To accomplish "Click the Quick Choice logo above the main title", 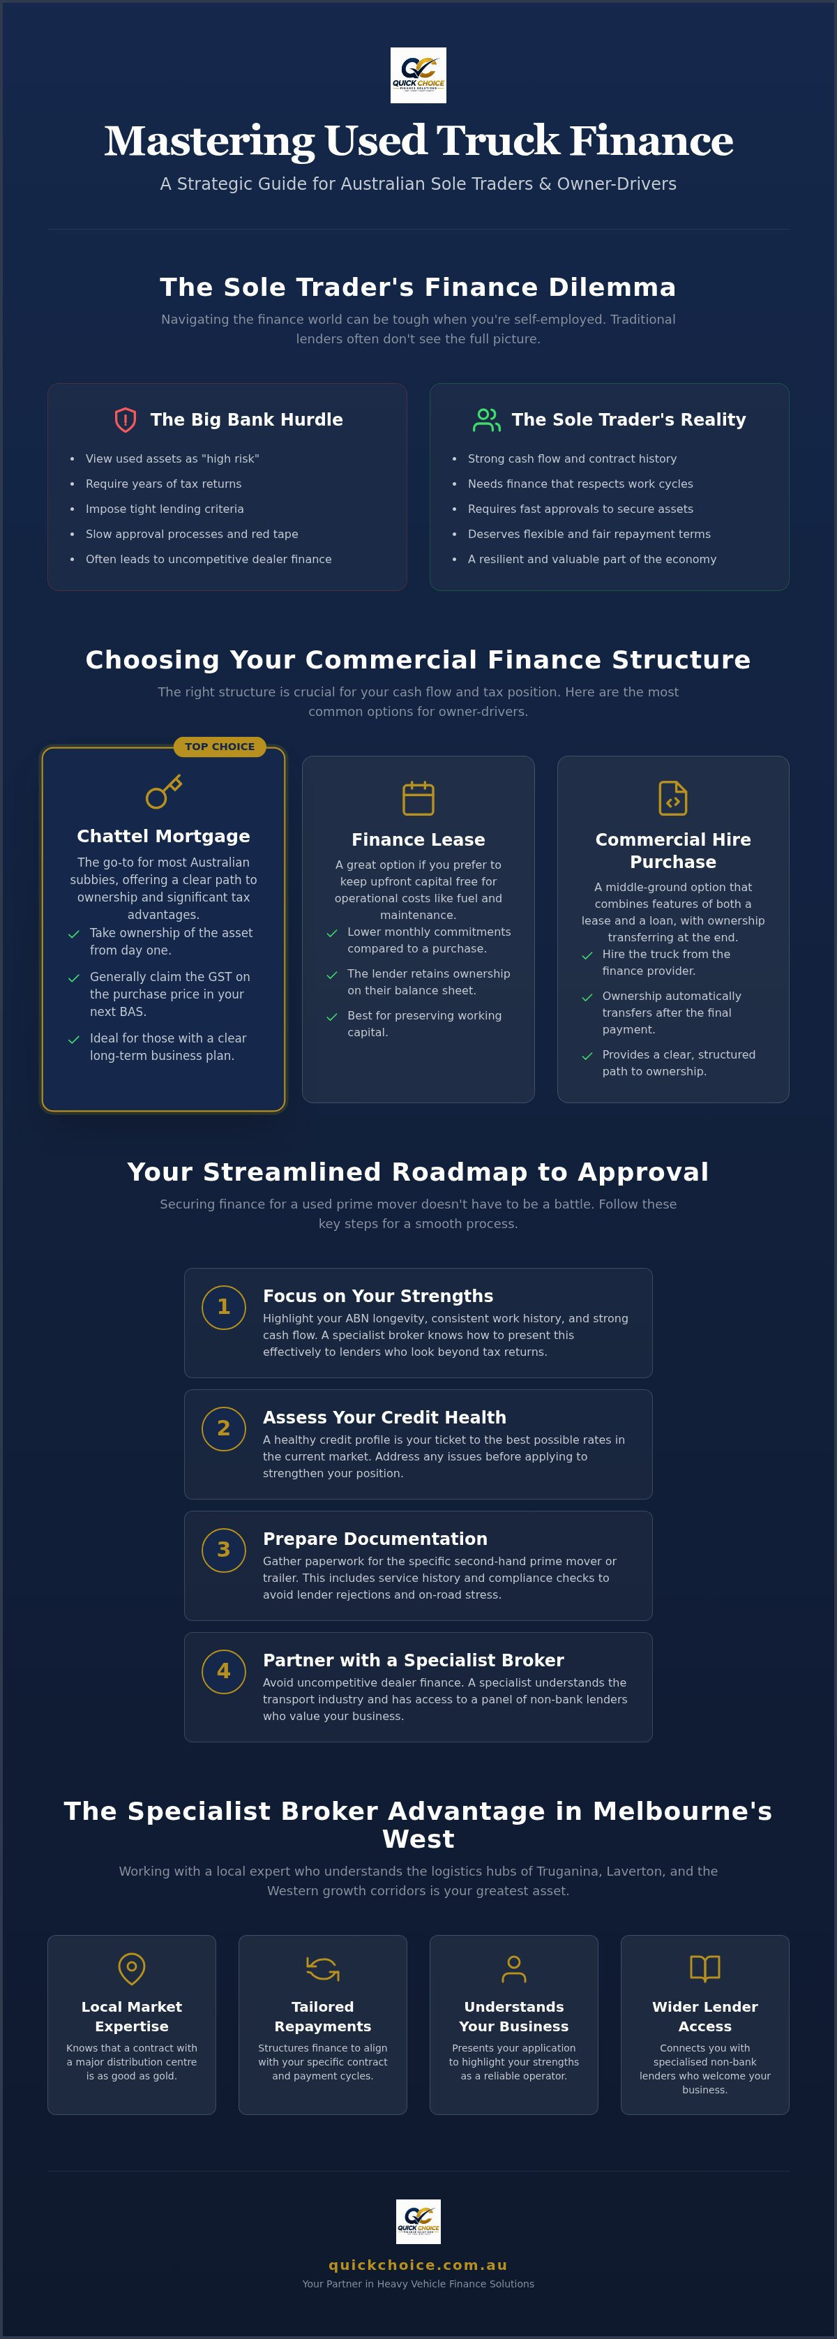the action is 418,75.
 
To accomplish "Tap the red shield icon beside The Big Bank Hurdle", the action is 126,419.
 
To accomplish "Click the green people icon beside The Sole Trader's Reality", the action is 487,419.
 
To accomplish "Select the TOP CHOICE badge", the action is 220,747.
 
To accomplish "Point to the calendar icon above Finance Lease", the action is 418,798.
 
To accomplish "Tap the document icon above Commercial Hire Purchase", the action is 672,798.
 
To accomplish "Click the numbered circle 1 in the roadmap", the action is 223,1308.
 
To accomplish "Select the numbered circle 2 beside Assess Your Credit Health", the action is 223,1429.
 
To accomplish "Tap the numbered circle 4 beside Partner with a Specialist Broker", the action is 223,1673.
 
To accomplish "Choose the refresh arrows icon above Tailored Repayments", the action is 322,1968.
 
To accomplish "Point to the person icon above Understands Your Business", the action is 514,1968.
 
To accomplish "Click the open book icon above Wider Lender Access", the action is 705,1968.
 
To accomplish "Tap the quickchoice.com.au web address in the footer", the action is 418,2266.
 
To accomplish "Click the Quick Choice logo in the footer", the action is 418,2221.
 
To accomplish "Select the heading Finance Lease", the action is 418,840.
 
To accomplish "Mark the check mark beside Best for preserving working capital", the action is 332,1017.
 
